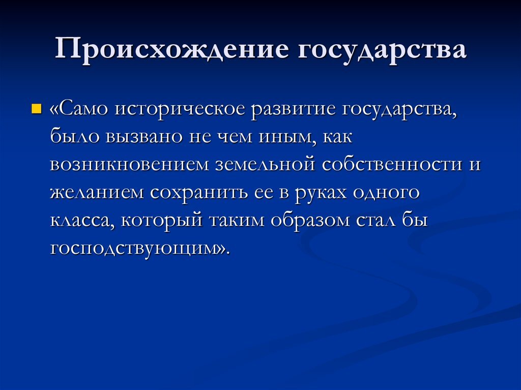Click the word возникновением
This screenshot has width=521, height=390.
tap(129, 165)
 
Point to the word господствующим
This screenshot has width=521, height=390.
tap(137, 249)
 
